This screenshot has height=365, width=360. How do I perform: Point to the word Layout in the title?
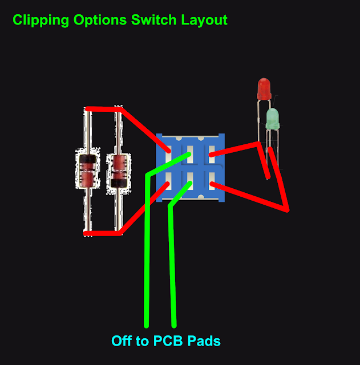coord(204,21)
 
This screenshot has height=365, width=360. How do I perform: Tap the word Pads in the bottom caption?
coord(203,341)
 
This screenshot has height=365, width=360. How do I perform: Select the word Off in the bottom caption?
coord(121,341)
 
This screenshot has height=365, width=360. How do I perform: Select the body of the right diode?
coord(118,169)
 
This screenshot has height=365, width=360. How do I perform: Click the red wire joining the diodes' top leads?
coord(103,109)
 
